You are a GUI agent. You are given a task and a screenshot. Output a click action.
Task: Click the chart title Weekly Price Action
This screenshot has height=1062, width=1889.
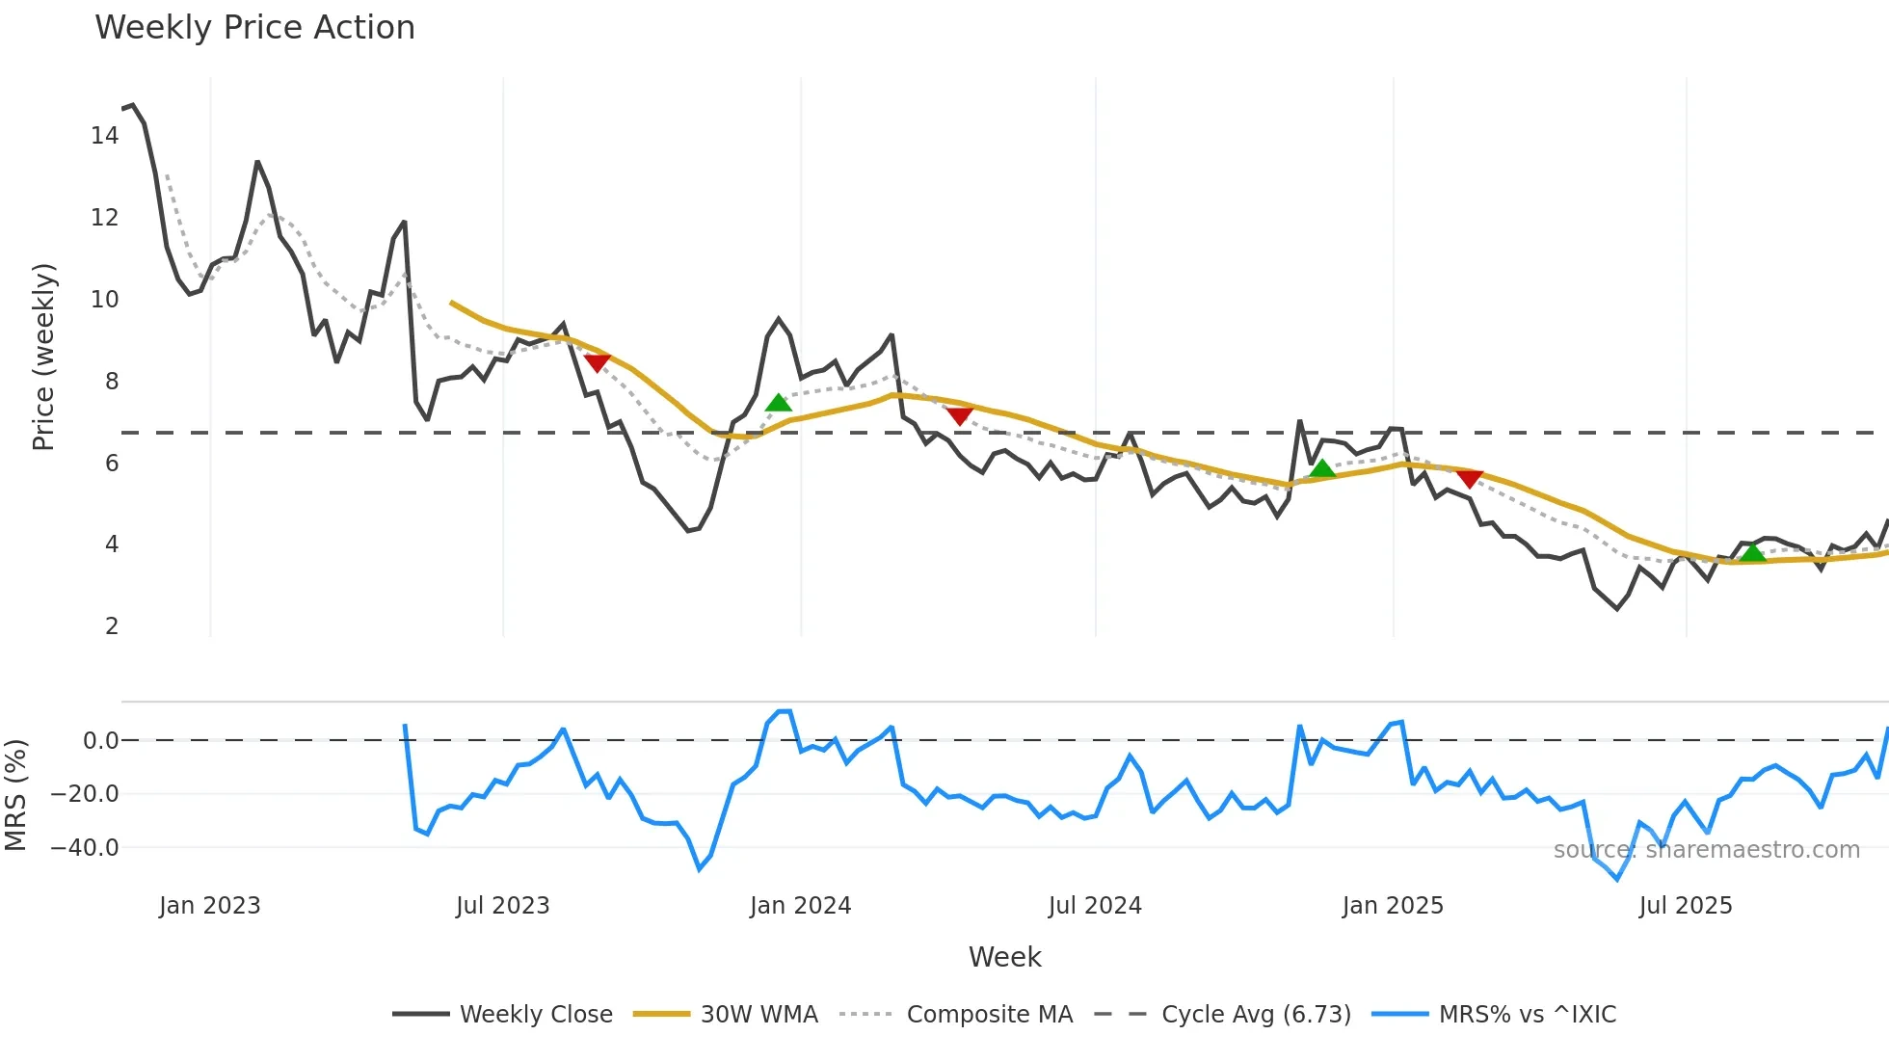pos(254,28)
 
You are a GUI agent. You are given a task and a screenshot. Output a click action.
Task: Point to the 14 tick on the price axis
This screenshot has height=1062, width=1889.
pos(105,136)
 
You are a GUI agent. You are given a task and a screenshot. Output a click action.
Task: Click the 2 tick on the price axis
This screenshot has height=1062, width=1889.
pos(112,626)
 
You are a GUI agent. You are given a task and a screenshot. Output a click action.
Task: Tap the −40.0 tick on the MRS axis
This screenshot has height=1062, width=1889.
pos(85,848)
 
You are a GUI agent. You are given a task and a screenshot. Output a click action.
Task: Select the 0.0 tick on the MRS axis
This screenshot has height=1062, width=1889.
pos(100,741)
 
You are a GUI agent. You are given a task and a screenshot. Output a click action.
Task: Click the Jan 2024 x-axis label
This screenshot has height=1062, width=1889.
pos(800,906)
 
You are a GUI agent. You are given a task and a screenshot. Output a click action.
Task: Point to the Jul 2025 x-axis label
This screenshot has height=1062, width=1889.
pos(1685,906)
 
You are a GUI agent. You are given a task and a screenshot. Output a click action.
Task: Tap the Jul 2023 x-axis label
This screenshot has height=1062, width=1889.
pos(502,906)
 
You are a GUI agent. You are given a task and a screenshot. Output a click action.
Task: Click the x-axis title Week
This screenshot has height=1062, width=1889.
pos(1004,957)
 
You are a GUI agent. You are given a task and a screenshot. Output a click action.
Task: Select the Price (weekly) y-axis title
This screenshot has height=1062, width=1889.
pos(43,357)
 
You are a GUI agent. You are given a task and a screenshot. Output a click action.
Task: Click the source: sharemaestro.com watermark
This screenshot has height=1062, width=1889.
pos(1706,850)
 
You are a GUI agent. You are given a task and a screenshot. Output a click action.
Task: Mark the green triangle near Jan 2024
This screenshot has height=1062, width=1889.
pos(778,403)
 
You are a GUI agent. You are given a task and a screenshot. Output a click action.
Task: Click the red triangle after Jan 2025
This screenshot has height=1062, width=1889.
pos(1469,478)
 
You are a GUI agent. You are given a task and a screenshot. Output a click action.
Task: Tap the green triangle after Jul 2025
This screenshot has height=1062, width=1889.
pos(1752,552)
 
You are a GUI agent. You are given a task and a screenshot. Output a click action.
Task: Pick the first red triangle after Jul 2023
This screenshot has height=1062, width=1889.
pos(597,362)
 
